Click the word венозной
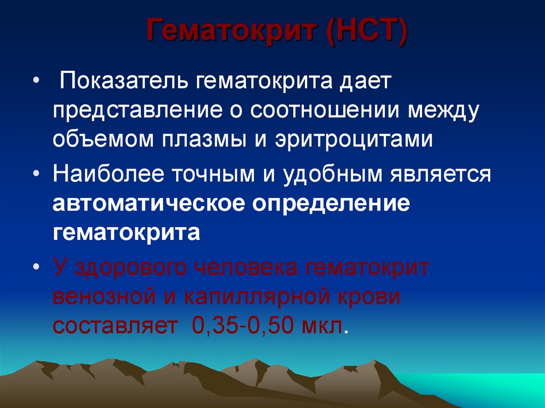[x=106, y=296]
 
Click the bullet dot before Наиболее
[x=36, y=174]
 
